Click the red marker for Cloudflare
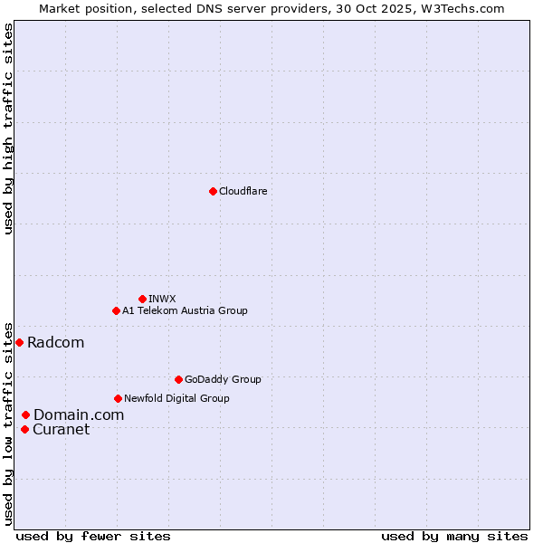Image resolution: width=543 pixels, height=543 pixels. coord(213,191)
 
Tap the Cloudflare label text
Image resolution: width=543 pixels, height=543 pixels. coord(243,191)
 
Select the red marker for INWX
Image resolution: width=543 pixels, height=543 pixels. coord(142,299)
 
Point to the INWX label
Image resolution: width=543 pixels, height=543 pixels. coord(162,299)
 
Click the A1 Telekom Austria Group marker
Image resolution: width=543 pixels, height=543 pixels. coord(116,310)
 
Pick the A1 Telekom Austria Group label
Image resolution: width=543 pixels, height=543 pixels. coord(185,310)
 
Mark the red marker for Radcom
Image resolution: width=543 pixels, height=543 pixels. coord(19,342)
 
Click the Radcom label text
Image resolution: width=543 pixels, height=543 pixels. coord(55,342)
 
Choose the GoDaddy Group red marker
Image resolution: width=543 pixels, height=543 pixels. coord(178,379)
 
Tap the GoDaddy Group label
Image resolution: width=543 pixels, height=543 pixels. coord(223,379)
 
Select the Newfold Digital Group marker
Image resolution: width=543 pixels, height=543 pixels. coord(118,398)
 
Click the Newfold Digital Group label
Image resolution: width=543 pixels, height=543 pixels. coord(176,398)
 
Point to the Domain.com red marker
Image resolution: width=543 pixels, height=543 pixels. coord(25,414)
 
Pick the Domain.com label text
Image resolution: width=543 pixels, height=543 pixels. coord(79,414)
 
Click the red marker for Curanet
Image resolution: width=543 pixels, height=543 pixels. coord(24,429)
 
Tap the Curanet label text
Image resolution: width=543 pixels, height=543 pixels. coord(61,429)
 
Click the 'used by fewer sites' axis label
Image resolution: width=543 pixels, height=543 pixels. coord(93,536)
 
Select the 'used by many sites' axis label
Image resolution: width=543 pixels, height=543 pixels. coord(454,536)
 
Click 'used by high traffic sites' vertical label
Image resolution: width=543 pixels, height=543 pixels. coord(9,129)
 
